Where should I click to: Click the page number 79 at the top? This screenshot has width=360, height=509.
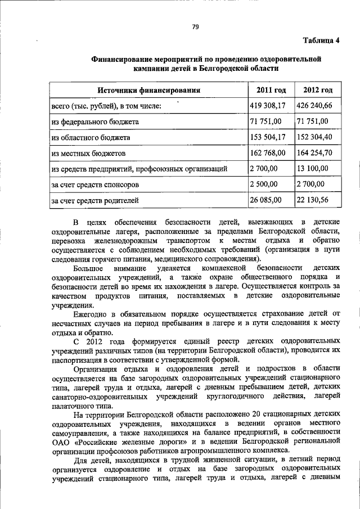click(x=195, y=25)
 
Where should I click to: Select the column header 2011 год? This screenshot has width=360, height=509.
click(x=271, y=90)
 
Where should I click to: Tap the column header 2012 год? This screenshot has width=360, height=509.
click(x=318, y=90)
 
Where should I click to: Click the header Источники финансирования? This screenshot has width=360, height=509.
click(x=148, y=90)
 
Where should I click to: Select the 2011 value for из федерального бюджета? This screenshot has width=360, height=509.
click(x=265, y=121)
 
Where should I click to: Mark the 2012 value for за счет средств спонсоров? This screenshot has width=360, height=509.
click(x=311, y=183)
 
